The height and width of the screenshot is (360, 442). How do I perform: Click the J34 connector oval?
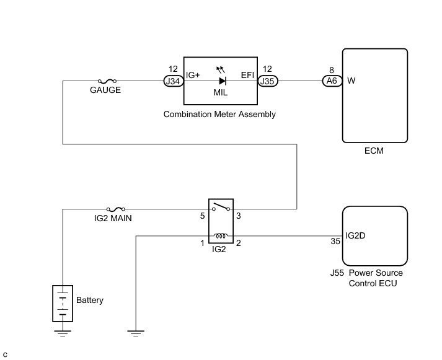pos(172,81)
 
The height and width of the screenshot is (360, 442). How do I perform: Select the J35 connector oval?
pos(268,81)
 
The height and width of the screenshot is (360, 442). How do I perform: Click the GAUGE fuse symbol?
pos(105,81)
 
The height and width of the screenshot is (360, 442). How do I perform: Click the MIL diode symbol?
pos(221,81)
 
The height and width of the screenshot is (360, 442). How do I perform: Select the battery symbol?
pos(63,304)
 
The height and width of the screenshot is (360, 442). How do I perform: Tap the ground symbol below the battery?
pos(63,333)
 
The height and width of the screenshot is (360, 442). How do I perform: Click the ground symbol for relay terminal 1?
pos(135,333)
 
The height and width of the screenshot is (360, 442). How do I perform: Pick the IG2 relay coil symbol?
pos(219,235)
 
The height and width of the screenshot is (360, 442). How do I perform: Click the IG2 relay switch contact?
pos(220,208)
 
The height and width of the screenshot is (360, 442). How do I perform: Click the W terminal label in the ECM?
pos(351,81)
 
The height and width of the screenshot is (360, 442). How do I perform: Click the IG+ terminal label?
pos(193,75)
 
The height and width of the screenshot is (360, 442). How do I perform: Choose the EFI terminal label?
pos(248,75)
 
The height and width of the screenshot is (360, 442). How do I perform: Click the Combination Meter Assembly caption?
pos(219,115)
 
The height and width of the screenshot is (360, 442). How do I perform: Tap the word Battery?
pos(90,301)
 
